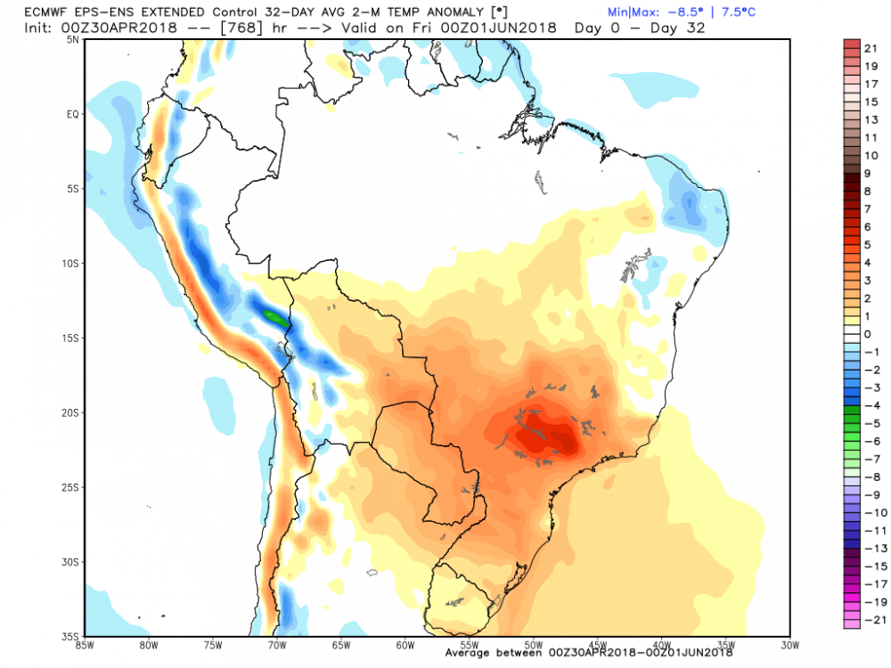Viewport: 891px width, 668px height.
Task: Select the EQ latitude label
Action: pos(74,114)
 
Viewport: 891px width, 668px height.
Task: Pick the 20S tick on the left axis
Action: pos(72,412)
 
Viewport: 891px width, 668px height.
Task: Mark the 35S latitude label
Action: pos(72,636)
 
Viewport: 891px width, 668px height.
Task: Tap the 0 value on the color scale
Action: pos(868,333)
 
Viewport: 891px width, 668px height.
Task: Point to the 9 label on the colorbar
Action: pos(868,173)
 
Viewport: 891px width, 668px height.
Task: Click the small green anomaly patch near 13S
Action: pos(276,317)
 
